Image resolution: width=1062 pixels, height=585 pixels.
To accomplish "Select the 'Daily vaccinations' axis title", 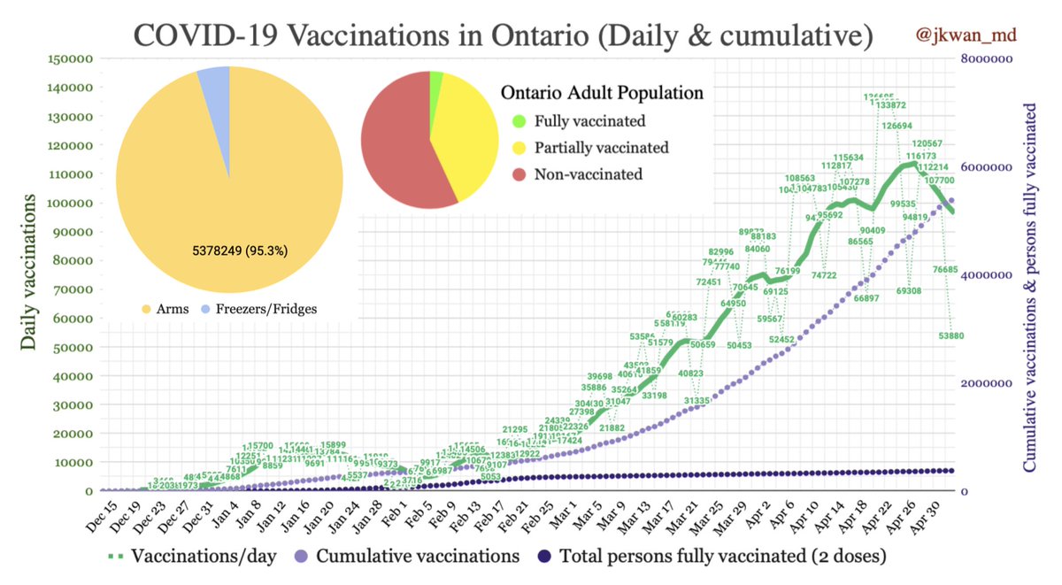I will [x=28, y=273].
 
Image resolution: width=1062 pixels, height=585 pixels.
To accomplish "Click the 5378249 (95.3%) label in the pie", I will [x=240, y=250].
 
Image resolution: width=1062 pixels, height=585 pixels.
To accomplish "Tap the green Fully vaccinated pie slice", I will [x=435, y=81].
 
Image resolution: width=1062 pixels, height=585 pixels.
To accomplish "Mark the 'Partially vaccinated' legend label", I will [x=600, y=148].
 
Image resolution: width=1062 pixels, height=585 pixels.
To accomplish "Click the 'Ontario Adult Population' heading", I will [x=602, y=92].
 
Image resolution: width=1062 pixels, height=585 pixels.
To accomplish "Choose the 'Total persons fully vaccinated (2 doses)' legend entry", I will [x=712, y=557].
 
